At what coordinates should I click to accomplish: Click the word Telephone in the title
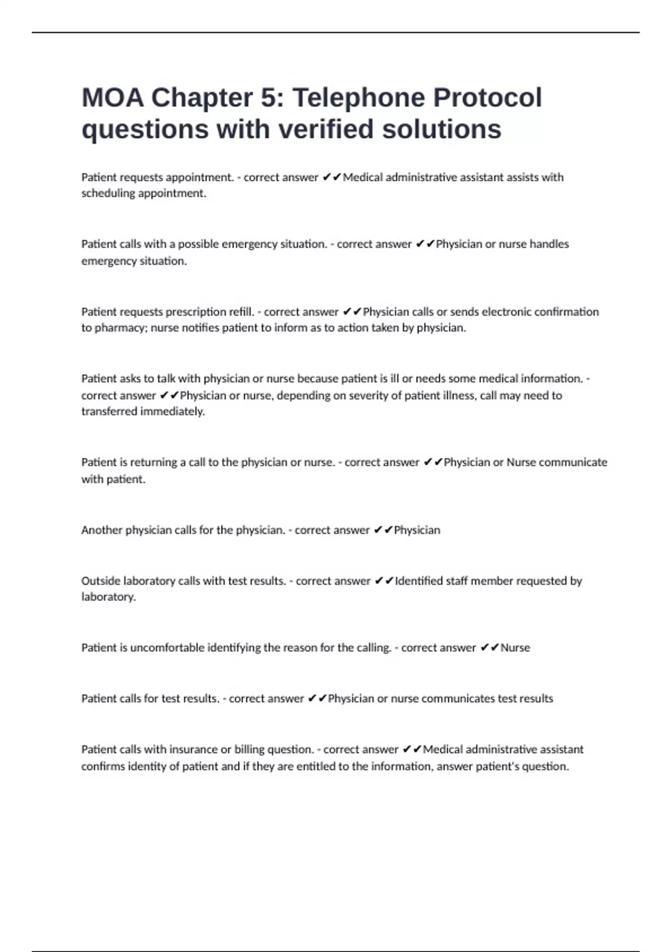(x=358, y=98)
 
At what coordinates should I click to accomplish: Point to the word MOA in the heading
(x=113, y=98)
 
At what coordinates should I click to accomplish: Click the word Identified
(x=418, y=581)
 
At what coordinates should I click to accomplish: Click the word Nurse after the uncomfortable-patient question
(x=515, y=647)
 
